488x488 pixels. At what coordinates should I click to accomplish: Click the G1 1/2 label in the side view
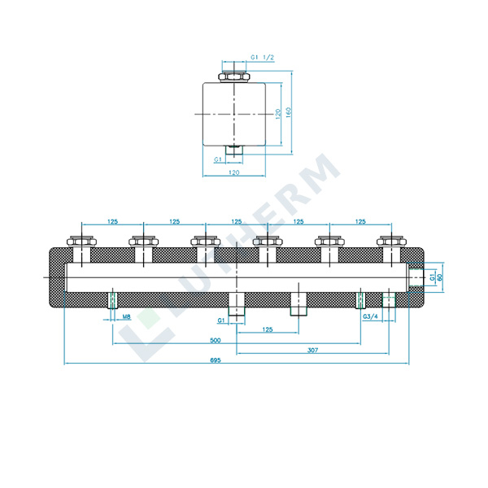point(261,58)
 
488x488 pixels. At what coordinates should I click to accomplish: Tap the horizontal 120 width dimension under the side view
point(233,173)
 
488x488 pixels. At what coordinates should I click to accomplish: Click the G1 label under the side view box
point(218,159)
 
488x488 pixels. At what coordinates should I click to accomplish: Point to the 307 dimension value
point(312,351)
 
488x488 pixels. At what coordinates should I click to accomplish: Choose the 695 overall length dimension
point(237,360)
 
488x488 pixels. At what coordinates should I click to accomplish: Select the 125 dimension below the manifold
point(266,330)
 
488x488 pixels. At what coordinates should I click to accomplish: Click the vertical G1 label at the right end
point(432,277)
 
